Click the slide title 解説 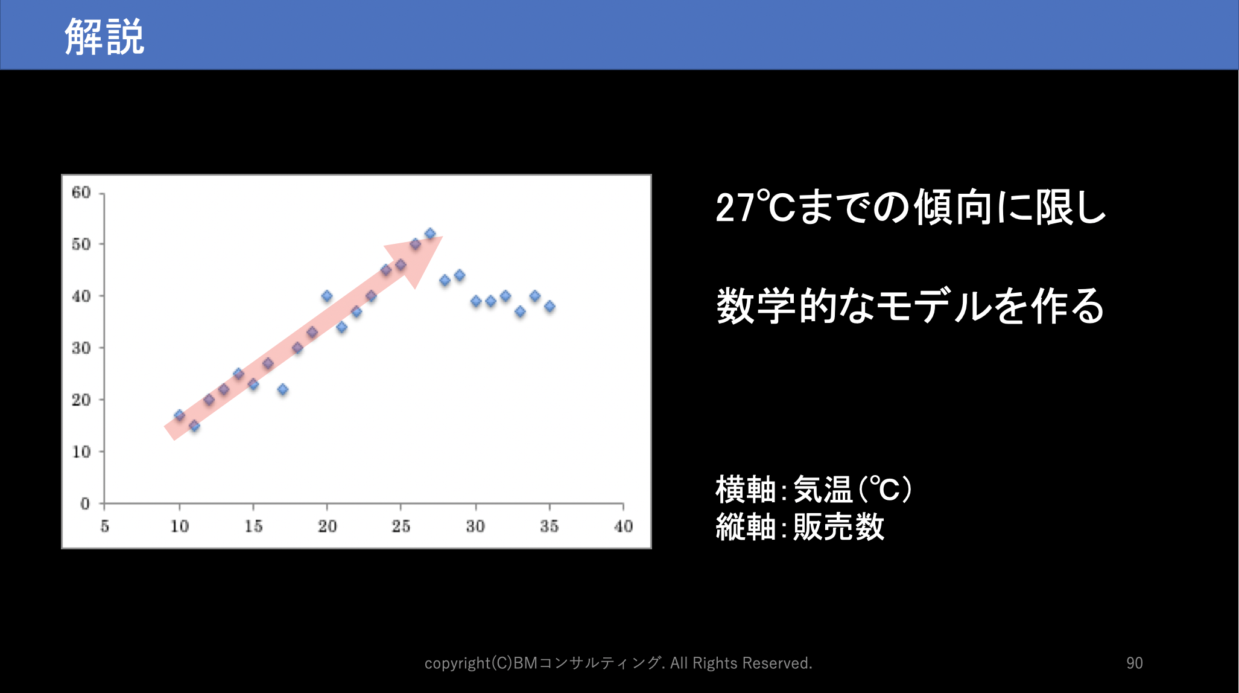click(x=104, y=36)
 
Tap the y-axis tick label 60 click(x=81, y=193)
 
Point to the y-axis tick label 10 click(x=81, y=452)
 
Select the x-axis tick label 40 click(x=623, y=526)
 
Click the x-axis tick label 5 click(x=105, y=526)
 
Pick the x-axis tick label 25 click(x=401, y=526)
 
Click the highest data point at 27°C click(x=430, y=234)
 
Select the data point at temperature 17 click(x=282, y=389)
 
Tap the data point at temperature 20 click(x=327, y=296)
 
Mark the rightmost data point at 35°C click(x=550, y=307)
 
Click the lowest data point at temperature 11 click(x=194, y=426)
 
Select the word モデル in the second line click(x=934, y=306)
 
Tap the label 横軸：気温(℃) click(x=814, y=489)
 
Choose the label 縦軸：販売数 click(x=800, y=526)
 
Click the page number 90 click(x=1135, y=663)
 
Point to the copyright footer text click(x=618, y=663)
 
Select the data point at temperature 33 click(x=520, y=311)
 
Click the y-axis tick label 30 click(x=81, y=348)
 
